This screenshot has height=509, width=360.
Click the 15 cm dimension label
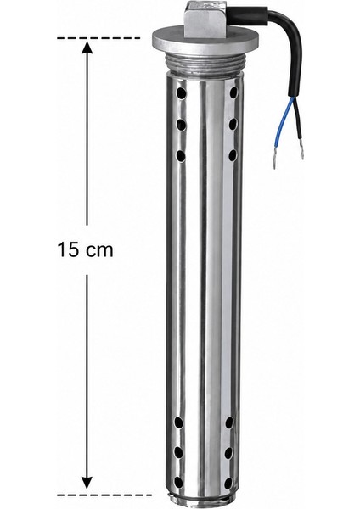(86, 250)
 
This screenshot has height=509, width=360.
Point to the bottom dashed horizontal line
(104, 495)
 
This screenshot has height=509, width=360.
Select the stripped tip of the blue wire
(274, 161)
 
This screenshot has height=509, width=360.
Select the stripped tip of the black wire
(301, 152)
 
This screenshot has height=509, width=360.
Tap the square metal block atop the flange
(205, 19)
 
